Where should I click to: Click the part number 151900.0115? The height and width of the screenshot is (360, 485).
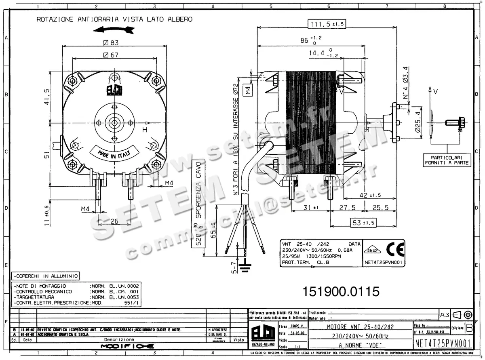341,291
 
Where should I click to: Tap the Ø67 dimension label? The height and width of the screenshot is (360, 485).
111,55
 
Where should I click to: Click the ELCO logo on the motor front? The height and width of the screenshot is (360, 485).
114,90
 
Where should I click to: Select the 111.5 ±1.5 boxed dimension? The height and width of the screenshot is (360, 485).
326,24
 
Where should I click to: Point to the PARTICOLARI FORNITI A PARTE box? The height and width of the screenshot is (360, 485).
447,160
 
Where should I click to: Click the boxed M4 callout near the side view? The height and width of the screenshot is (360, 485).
248,91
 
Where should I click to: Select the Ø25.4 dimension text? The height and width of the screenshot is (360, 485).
418,123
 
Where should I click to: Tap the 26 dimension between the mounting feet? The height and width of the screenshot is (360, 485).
114,221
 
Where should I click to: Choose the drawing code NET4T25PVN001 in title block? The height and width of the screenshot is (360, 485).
443,343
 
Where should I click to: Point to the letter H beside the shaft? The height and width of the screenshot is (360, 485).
144,130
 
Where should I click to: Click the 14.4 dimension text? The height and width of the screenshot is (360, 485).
317,53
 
